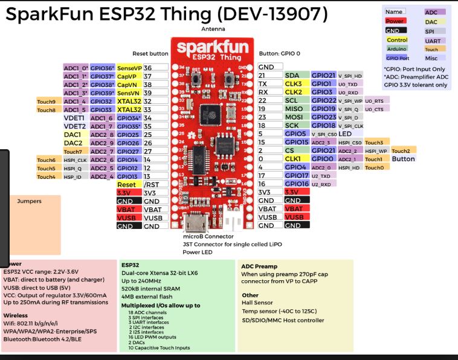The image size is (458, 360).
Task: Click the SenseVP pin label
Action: coord(129,68)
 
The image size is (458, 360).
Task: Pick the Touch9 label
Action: coord(47,101)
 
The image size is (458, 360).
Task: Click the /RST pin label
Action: coord(152,184)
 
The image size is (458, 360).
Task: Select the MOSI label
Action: coord(294,117)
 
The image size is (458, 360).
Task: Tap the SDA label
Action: coord(292,76)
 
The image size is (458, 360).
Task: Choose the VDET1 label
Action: coord(74,118)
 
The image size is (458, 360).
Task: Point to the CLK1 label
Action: coord(294,159)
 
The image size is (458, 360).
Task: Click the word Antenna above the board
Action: coord(213,30)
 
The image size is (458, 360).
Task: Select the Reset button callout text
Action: coord(150,54)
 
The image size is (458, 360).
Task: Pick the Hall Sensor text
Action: coord(257,303)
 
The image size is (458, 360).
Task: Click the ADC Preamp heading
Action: coord(259,266)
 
